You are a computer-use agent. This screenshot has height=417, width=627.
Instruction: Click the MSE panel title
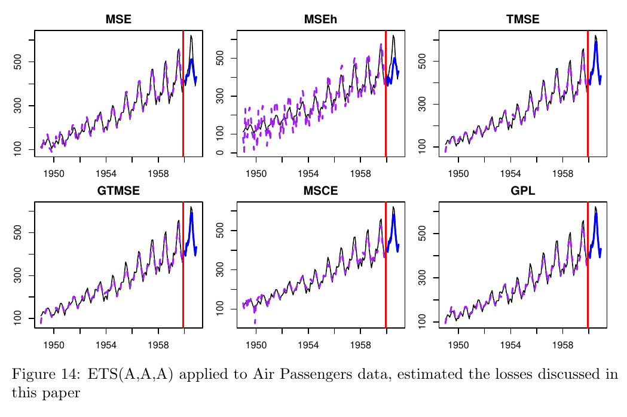[x=118, y=20]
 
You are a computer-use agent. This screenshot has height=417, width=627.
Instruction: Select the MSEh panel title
[x=320, y=20]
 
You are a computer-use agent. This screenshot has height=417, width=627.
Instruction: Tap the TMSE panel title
[x=522, y=20]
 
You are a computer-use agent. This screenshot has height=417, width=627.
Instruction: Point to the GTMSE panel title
[x=118, y=191]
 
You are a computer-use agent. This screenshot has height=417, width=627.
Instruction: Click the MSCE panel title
[x=320, y=191]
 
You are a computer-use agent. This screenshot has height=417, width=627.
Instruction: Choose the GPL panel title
[x=522, y=191]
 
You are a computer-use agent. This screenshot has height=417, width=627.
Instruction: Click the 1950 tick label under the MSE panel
[x=54, y=174]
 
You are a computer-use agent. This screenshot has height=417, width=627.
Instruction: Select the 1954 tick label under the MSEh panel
[x=308, y=174]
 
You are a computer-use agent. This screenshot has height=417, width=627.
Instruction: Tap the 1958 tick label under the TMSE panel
[x=562, y=174]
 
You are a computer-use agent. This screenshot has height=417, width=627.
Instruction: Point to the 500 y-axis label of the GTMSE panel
[x=18, y=232]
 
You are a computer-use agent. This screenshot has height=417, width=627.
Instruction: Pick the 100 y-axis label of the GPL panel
[x=422, y=321]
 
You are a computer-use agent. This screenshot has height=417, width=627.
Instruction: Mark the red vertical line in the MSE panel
[x=183, y=90]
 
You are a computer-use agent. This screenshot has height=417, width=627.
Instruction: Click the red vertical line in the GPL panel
[x=588, y=269]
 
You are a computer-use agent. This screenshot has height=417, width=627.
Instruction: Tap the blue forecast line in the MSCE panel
[x=394, y=227]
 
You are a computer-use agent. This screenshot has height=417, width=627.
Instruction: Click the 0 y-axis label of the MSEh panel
[x=220, y=153]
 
